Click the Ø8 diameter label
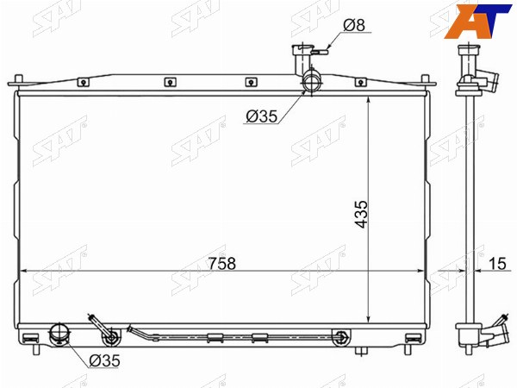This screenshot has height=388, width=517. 354,25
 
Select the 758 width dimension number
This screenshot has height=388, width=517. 222,264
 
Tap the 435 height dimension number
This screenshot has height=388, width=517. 361,214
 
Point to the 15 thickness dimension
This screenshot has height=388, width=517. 497,264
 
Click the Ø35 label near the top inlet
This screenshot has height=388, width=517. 262,116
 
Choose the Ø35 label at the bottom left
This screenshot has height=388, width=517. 104,360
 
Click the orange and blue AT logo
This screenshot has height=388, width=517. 477,21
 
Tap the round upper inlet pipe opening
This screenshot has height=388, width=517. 312,82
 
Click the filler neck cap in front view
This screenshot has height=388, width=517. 302,49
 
